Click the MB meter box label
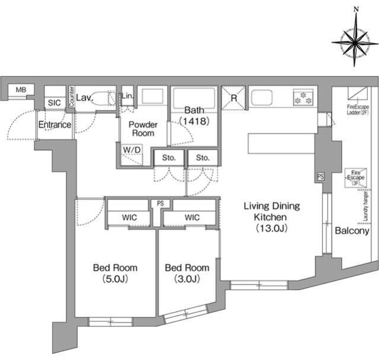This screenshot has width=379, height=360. tap(21, 90)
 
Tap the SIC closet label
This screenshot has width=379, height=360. tap(54, 102)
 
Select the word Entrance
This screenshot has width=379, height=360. tap(55, 125)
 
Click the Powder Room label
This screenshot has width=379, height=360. tap(143, 128)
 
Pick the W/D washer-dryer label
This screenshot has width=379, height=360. tap(131, 150)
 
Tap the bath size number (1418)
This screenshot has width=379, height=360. tap(194, 121)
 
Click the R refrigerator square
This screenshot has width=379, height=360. tap(234, 98)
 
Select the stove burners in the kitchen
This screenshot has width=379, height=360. tap(303, 97)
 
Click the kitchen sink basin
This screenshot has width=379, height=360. tap(262, 97)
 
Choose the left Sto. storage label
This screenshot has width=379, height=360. tap(169, 157)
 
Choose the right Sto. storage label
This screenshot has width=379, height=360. tap(203, 157)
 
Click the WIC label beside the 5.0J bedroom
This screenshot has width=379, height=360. tap(130, 217)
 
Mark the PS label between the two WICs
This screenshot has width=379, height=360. tap(160, 204)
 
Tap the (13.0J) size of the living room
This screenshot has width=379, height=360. tap(272, 228)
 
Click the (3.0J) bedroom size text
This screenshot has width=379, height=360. tap(187, 279)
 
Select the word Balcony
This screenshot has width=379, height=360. tap(352, 231)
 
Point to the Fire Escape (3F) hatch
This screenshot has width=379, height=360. tap(356, 178)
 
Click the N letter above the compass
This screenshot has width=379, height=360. tap(356, 9)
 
